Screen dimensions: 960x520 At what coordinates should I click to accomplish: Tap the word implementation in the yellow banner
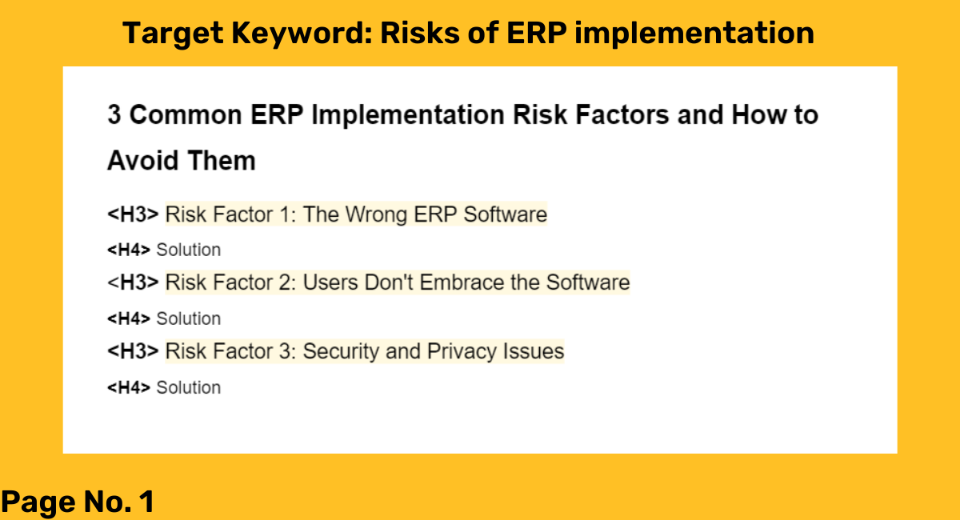[x=694, y=34]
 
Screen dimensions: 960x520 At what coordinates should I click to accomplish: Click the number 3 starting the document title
[x=114, y=115]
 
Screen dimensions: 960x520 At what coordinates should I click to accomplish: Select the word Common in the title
[x=186, y=115]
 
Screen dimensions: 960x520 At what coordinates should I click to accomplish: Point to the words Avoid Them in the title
[x=182, y=161]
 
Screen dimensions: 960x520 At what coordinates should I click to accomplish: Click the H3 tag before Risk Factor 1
[x=133, y=214]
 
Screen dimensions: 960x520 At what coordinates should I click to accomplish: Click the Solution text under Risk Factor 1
[x=189, y=250]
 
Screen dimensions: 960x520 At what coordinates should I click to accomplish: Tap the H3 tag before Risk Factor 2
[x=133, y=282]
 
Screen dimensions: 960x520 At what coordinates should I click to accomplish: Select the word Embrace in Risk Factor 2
[x=461, y=282]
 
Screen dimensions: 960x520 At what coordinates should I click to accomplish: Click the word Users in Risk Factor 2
[x=330, y=282]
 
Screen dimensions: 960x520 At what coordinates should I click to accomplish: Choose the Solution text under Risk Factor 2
[x=189, y=319]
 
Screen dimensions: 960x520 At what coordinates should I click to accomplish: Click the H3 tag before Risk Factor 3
[x=133, y=351]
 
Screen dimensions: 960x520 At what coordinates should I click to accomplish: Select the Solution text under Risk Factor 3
[x=189, y=387]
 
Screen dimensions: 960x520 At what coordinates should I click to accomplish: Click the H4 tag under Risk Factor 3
[x=129, y=387]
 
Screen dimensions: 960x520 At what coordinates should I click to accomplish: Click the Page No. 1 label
[x=78, y=502]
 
